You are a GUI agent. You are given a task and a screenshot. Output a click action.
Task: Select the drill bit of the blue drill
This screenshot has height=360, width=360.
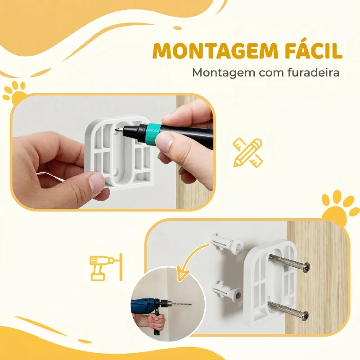180,304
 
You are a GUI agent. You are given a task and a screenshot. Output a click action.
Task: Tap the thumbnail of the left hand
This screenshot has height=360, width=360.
97,184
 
